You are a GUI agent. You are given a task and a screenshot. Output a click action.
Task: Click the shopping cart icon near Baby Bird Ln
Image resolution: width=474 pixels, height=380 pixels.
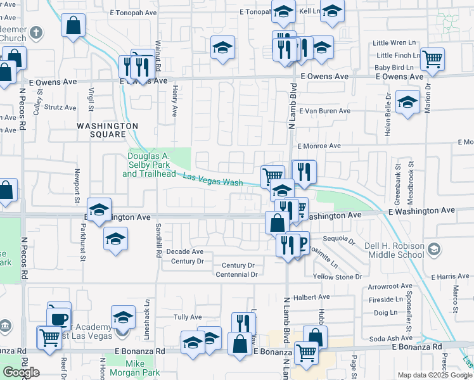tap(432, 59)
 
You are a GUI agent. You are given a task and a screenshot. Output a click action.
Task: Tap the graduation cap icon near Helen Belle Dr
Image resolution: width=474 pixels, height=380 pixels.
tap(407, 101)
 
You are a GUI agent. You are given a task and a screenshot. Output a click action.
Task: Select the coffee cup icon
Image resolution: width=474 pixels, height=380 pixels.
tap(60, 318)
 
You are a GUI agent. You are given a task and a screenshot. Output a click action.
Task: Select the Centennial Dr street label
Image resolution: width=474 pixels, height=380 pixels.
tap(236, 274)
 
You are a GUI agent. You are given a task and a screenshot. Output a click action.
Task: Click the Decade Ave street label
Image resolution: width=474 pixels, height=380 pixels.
tap(184, 251)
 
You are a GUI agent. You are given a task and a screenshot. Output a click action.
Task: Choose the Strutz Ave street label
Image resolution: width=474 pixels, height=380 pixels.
tap(60, 107)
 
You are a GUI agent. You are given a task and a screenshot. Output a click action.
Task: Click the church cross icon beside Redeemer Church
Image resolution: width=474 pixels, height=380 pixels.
tap(37, 32)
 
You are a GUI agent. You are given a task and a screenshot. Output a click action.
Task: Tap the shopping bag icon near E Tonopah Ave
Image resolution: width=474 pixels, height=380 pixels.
tap(74, 26)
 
